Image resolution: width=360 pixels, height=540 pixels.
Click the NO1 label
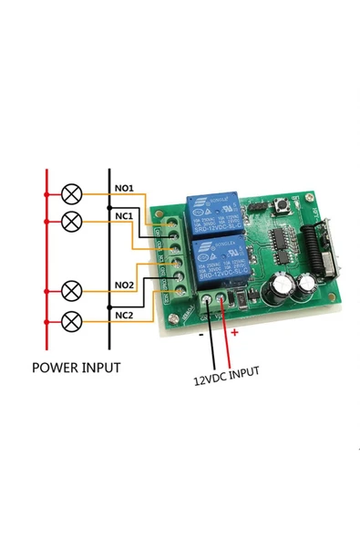pos(124,188)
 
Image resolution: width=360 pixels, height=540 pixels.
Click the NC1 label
pos(124,216)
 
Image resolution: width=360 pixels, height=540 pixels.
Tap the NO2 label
pos(124,285)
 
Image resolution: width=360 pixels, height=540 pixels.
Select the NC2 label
pos(124,316)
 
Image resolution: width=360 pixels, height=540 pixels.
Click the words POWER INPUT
pos(76,369)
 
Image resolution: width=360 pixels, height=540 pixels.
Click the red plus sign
pos(234,334)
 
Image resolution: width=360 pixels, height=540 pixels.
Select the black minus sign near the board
pos(201,334)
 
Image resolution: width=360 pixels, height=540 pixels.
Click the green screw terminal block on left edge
pos(173,258)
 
